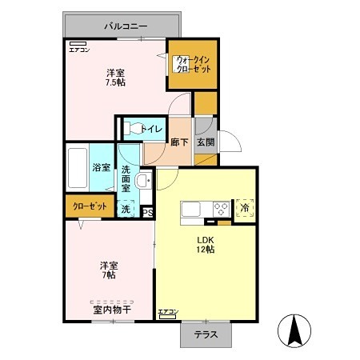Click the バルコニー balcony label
(126, 26)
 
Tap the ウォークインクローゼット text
(192, 64)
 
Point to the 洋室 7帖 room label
(108, 270)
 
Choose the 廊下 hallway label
(179, 143)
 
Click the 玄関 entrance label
(205, 143)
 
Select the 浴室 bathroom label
(101, 168)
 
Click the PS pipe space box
(147, 212)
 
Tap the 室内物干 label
(112, 309)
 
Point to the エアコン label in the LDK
(167, 311)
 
